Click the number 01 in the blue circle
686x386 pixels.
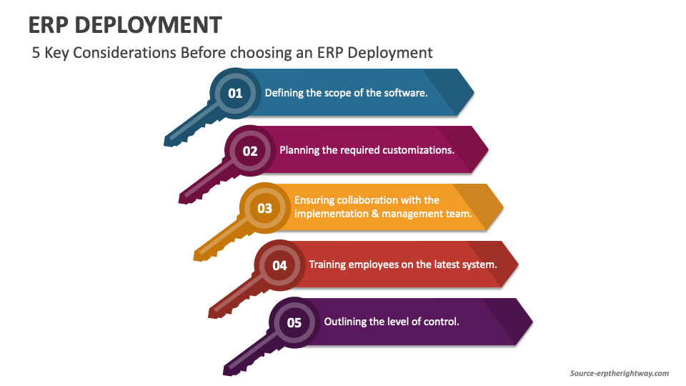click(x=235, y=93)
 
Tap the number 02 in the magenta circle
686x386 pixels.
click(x=250, y=151)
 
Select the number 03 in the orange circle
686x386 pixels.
click(x=265, y=209)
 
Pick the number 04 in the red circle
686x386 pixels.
click(x=279, y=266)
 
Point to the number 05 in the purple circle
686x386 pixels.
click(x=294, y=323)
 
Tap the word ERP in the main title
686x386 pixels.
click(x=48, y=25)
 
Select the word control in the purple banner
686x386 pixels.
click(x=441, y=322)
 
